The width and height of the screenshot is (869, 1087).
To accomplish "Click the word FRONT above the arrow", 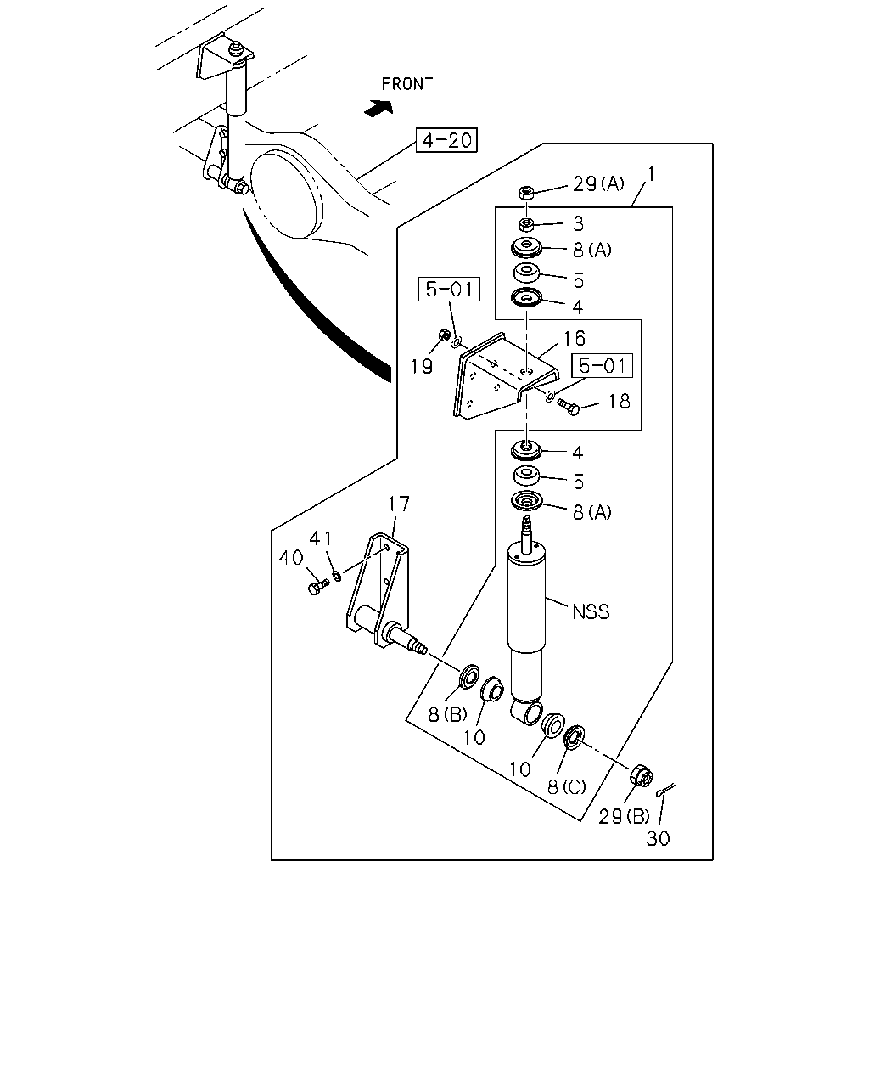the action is tap(407, 84).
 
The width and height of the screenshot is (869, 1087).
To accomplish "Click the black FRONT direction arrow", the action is tap(378, 108).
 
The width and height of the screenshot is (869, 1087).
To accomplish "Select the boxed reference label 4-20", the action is tap(446, 140).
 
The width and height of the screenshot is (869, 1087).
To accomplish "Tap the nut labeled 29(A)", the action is tap(526, 193).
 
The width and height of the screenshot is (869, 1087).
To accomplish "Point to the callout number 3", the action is tap(578, 223).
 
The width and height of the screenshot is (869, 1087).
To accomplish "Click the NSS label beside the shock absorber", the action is tap(591, 611).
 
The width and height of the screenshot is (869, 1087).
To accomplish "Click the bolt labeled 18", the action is tap(568, 407).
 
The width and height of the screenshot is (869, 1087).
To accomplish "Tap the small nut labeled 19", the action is tap(444, 335).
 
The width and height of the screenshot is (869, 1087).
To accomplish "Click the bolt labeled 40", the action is tap(317, 587).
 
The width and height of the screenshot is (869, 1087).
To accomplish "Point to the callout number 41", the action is tap(321, 538).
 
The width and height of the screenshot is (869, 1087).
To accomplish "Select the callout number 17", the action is tap(398, 504).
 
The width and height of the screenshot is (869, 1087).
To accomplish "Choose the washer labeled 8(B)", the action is tap(468, 676).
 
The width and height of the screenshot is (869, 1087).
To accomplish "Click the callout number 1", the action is tap(651, 174).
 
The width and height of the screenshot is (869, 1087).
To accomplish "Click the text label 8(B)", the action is tap(447, 715).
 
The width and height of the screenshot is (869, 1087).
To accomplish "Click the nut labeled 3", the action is tap(526, 223).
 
